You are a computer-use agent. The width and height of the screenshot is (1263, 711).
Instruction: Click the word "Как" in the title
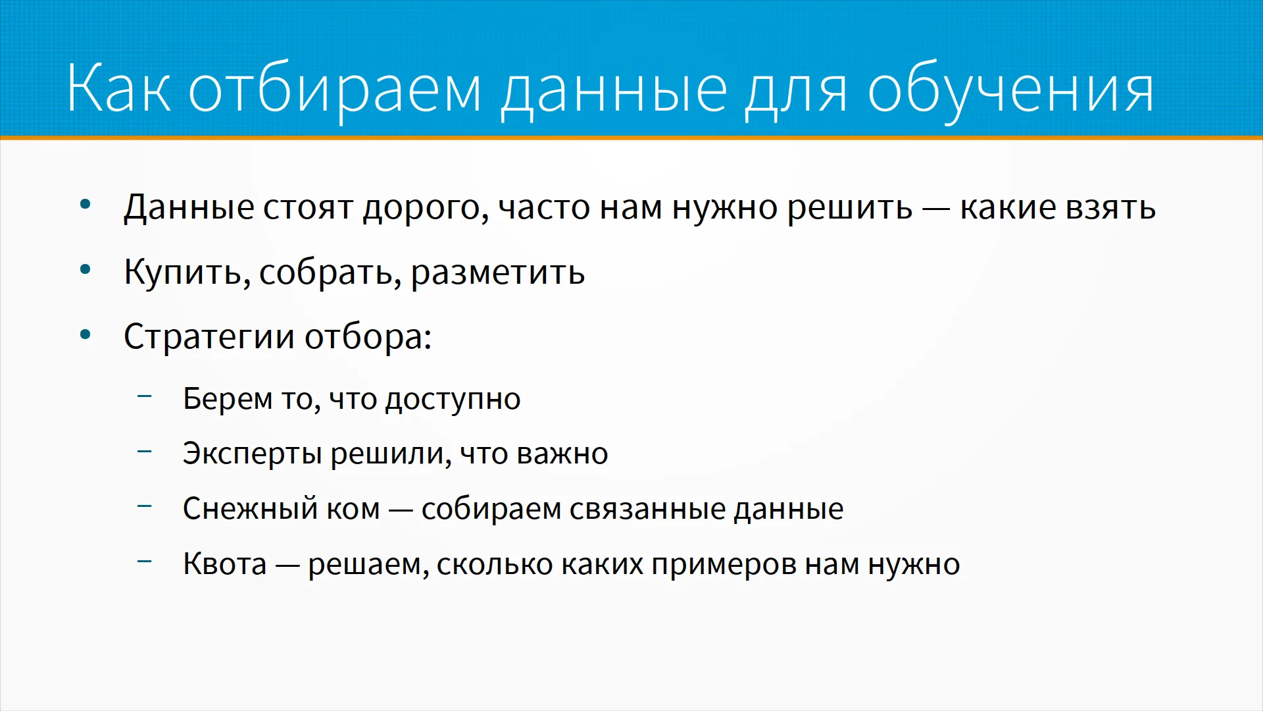click(x=119, y=88)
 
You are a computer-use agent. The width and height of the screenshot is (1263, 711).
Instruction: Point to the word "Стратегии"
click(x=209, y=337)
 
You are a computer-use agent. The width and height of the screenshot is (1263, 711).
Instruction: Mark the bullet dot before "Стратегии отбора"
click(x=86, y=334)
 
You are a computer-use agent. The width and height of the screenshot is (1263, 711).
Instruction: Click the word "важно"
click(x=562, y=454)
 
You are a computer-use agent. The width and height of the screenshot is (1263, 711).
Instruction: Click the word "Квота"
click(x=225, y=564)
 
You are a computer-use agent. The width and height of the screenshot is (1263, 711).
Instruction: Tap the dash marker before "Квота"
click(x=145, y=562)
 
